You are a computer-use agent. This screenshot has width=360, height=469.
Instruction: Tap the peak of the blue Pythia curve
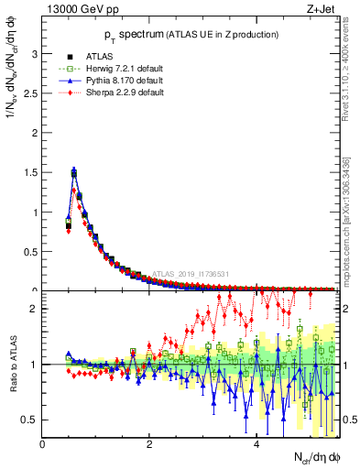(x=73, y=170)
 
